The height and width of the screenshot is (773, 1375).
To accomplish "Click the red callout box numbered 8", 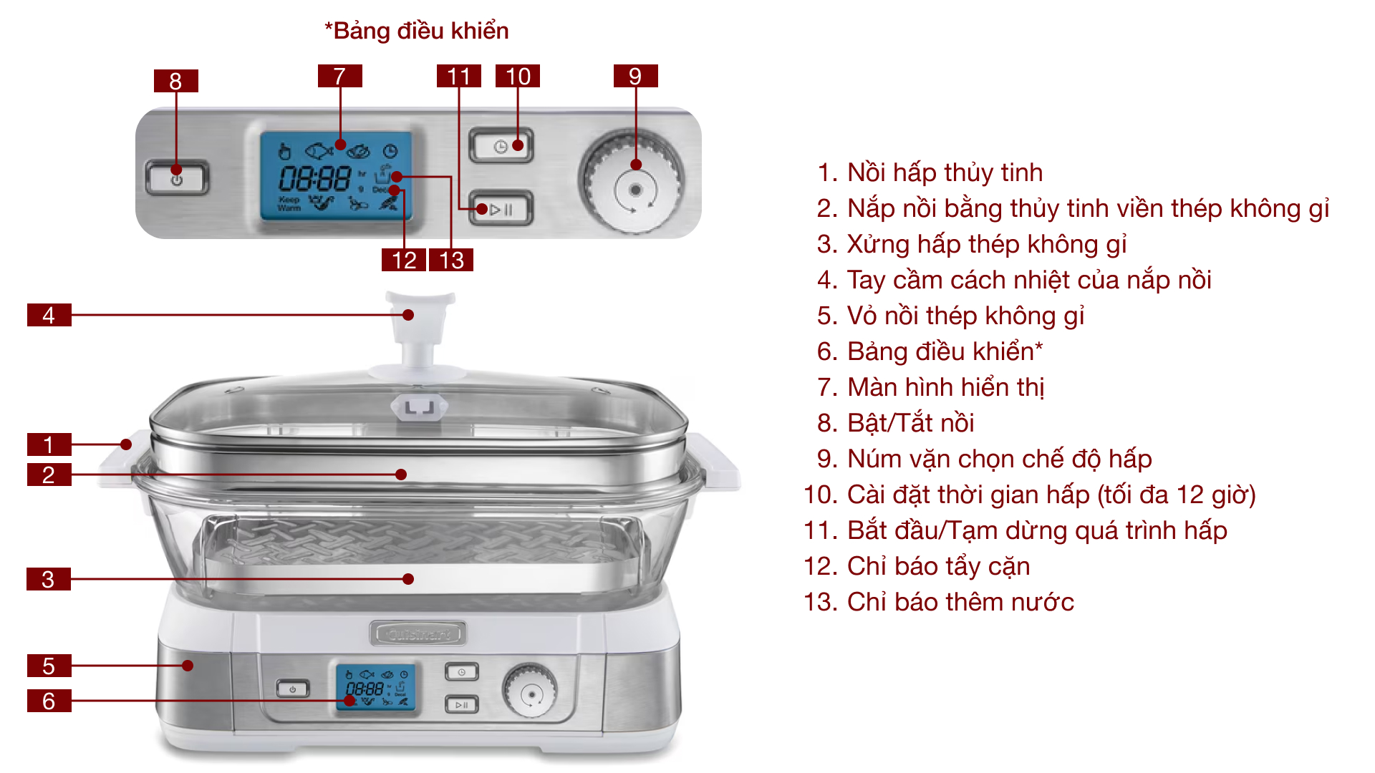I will point(175,81).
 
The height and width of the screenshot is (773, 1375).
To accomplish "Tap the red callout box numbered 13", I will point(451,260).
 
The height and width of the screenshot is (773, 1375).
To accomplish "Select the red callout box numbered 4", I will point(49,315).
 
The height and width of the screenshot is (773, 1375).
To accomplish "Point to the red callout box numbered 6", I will point(49,701).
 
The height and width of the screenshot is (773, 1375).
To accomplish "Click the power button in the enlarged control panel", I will point(177,178).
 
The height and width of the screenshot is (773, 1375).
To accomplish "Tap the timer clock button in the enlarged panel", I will point(501,146).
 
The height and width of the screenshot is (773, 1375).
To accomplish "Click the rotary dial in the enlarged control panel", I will point(634,182).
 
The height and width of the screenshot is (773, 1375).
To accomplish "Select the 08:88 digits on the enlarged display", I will point(314,178).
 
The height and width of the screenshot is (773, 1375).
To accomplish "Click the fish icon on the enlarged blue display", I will point(319,151).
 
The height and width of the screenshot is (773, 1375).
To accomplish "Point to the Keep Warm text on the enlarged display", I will point(289,204).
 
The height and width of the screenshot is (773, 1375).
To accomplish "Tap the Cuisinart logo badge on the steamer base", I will point(418,633).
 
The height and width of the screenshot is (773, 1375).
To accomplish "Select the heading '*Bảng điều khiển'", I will point(416,31).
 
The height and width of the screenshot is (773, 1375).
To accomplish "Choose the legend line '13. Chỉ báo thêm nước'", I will point(938,602).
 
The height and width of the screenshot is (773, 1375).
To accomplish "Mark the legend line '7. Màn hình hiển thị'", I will point(930,387).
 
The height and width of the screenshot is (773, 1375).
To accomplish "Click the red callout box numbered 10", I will point(517,76).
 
